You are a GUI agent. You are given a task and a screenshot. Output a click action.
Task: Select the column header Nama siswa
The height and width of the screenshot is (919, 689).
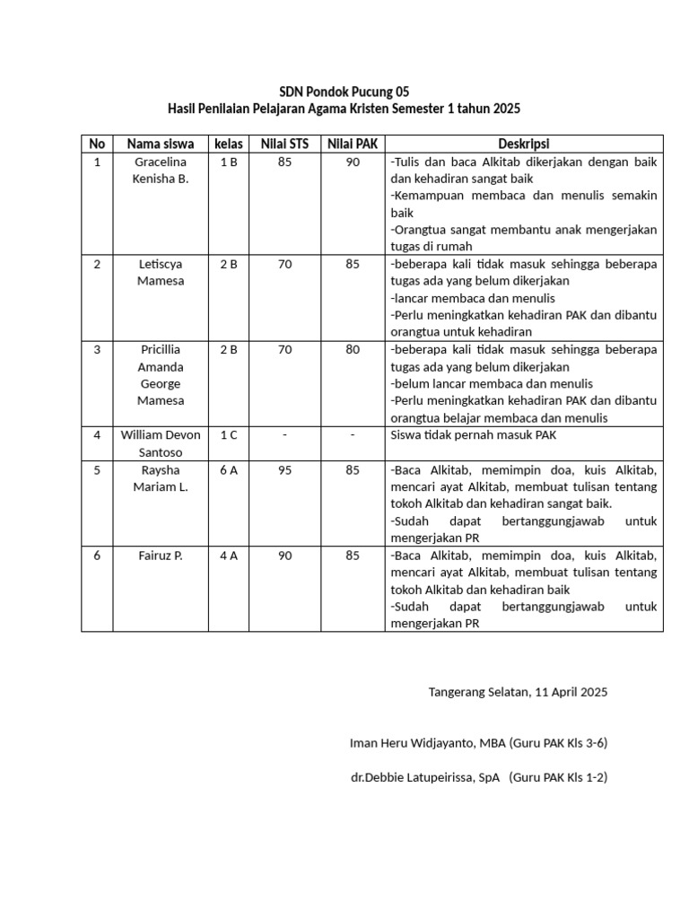point(161,144)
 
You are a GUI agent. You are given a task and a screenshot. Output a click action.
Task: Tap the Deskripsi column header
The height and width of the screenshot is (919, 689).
point(524,144)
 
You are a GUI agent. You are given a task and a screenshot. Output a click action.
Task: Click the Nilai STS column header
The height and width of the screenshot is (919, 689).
point(284,144)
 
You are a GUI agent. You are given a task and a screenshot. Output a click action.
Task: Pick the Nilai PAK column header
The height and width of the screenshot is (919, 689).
point(353,144)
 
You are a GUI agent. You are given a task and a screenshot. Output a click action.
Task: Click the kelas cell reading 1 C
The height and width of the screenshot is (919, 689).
point(229,435)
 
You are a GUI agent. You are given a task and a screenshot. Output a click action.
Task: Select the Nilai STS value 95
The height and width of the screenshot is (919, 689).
point(284,469)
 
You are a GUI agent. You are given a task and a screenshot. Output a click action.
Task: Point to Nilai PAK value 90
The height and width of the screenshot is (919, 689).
point(353,162)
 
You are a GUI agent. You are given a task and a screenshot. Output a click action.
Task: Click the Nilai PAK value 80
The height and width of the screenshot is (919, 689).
point(353,350)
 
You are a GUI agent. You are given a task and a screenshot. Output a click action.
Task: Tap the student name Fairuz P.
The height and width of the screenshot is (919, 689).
point(161,556)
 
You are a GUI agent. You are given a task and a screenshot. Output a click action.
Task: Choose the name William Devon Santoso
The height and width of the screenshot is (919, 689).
point(161,443)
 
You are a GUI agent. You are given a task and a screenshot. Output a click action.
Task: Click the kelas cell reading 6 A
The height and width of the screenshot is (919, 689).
point(229,469)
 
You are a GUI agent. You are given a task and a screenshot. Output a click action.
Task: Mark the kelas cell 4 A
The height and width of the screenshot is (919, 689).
point(229,556)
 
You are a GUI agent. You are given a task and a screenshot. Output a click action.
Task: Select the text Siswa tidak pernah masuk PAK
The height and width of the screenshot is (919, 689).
point(466,435)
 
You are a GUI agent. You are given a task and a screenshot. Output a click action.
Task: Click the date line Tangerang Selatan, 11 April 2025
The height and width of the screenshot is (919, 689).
point(518,692)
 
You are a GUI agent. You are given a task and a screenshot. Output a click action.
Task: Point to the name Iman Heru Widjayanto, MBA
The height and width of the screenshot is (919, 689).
point(427,743)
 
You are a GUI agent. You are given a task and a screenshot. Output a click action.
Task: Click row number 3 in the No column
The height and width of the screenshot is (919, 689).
point(97,350)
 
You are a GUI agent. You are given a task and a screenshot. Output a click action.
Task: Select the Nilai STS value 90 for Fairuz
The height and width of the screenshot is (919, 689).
point(284,556)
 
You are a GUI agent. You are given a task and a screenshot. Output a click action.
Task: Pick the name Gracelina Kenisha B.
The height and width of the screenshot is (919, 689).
point(161,170)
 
